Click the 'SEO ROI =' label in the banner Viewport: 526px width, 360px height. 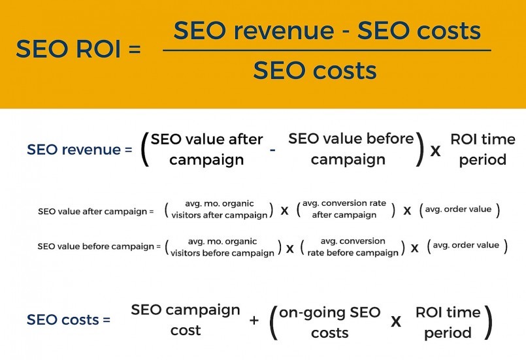pos(78,50)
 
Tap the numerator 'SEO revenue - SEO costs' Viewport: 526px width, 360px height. pos(327,31)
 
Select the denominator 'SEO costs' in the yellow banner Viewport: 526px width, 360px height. pos(314,70)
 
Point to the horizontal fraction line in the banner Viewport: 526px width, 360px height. pos(327,50)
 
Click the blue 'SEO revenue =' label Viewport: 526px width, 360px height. pos(74,150)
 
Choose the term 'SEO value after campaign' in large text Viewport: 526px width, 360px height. pos(206,150)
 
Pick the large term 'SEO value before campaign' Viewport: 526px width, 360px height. pos(351,149)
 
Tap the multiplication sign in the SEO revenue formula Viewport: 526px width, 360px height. pos(435,152)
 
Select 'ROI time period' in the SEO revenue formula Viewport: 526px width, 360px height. pos(482,150)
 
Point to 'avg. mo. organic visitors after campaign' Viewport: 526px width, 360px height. pos(220,210)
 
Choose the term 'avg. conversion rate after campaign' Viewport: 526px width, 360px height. pos(346,210)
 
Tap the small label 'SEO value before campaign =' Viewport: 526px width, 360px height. pos(99,246)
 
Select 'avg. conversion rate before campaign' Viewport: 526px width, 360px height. pos(353,247)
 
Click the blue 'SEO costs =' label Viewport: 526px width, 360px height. pos(69,320)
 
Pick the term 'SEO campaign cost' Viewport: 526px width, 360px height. pos(186,319)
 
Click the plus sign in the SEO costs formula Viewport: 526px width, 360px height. pos(254,321)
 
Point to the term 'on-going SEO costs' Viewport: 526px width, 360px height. pos(329,322)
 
